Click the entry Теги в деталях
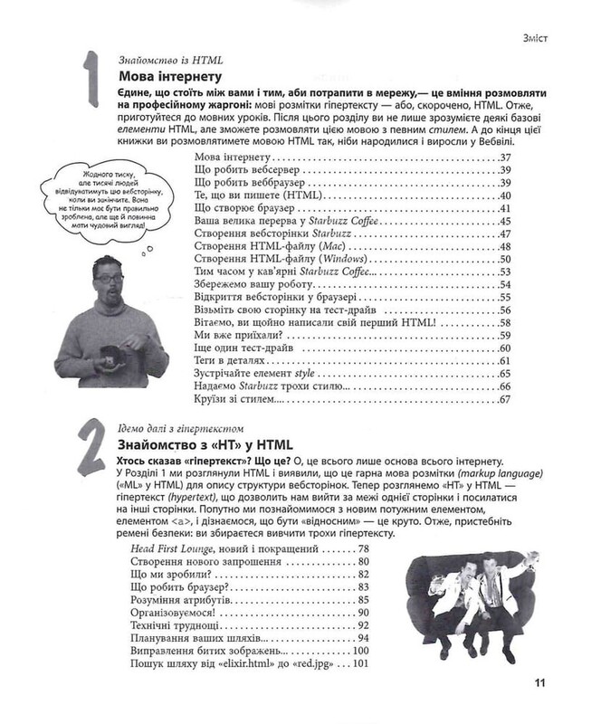(x=234, y=362)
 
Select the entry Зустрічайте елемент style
(x=262, y=375)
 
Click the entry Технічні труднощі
(x=166, y=625)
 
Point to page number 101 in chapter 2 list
(x=364, y=665)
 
